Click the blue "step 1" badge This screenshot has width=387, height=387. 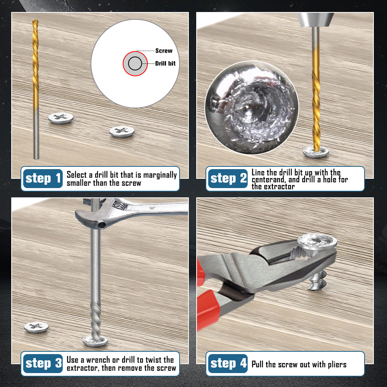43,178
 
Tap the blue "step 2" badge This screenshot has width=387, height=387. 228,178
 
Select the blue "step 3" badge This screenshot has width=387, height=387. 43,363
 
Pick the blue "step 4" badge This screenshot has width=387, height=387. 228,363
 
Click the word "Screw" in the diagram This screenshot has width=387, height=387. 164,51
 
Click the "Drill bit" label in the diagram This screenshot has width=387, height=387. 165,63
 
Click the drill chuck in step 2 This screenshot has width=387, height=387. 315,20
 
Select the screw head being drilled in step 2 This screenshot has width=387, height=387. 316,152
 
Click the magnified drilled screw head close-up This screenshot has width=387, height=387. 252,108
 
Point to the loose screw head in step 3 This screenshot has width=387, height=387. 36,327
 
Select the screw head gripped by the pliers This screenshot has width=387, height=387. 317,241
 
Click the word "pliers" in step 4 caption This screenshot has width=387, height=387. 337,365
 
